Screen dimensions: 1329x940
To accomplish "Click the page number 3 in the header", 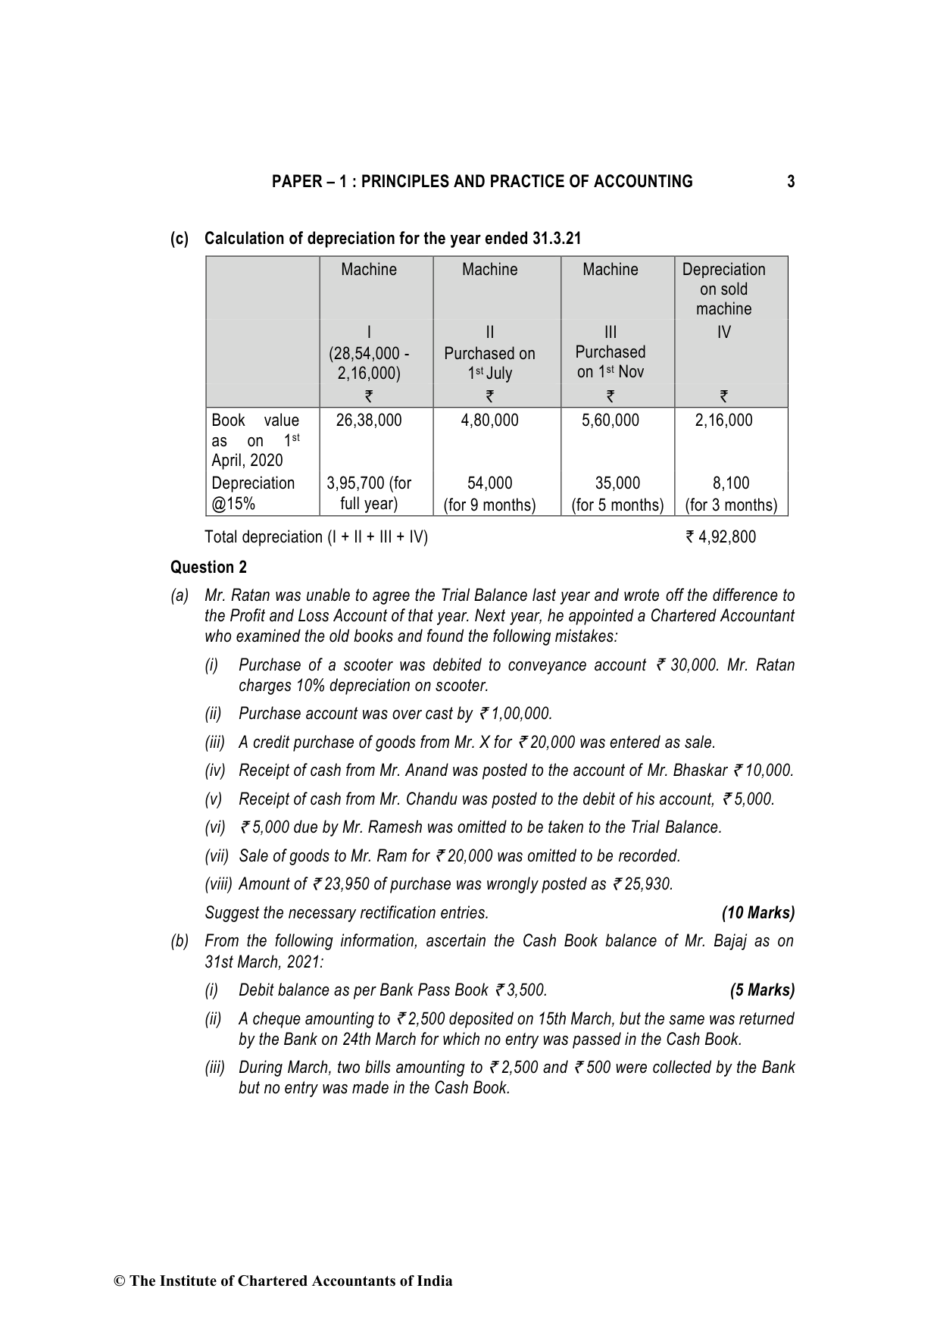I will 791,182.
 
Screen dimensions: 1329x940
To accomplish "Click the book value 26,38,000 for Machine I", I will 368,421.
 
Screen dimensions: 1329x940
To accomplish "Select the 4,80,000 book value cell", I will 489,421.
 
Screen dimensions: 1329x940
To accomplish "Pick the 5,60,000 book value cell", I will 610,421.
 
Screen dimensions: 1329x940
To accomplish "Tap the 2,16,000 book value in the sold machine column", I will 723,421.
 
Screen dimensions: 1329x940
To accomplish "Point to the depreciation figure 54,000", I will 489,483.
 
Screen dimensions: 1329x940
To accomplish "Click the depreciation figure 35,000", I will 617,483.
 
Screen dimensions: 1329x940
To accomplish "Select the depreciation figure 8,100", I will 731,483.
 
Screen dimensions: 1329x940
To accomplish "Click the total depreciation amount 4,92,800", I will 726,537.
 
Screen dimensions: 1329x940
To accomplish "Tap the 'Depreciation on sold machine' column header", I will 723,289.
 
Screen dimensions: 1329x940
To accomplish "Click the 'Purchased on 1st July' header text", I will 489,363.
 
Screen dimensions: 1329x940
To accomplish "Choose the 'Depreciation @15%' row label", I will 253,493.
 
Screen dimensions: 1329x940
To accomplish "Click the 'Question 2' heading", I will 208,568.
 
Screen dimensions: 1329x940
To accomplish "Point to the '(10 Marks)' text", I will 758,913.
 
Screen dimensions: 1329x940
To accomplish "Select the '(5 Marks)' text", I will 762,990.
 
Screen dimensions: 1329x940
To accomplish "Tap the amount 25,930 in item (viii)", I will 649,884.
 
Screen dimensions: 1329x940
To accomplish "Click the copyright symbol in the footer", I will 119,1281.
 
